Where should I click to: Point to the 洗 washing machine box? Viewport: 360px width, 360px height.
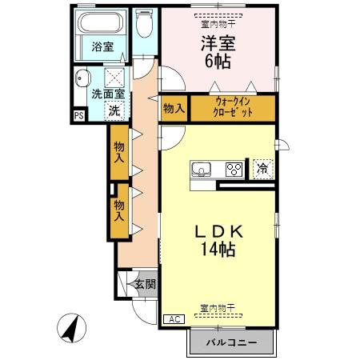point(114,110)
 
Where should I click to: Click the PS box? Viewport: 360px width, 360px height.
point(78,115)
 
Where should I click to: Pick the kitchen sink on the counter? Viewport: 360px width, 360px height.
point(202,169)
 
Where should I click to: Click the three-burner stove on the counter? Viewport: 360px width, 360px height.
point(234,169)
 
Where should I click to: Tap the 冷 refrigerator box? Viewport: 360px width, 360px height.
point(262,169)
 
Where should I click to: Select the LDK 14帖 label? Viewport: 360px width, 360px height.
point(217,240)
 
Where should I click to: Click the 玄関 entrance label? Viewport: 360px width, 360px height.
point(144,284)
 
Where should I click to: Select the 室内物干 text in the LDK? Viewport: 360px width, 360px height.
point(216,307)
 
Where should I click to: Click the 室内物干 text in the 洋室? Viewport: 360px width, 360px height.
point(218,14)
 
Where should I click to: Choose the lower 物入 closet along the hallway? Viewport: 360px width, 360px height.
point(119,210)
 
